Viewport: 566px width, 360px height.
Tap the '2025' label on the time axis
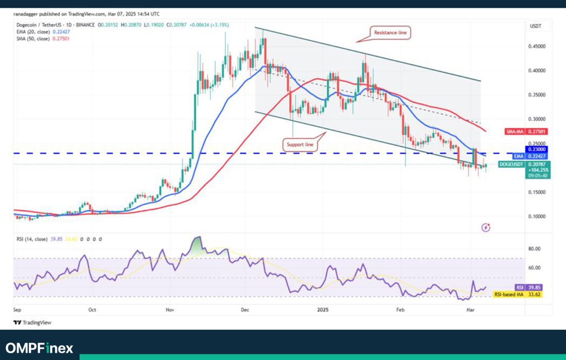pyautogui.click(x=323, y=310)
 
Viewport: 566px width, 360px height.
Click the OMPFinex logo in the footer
pyautogui.click(x=40, y=348)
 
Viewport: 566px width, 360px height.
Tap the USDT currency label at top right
pyautogui.click(x=535, y=26)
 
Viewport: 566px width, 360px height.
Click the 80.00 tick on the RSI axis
pyautogui.click(x=534, y=248)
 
